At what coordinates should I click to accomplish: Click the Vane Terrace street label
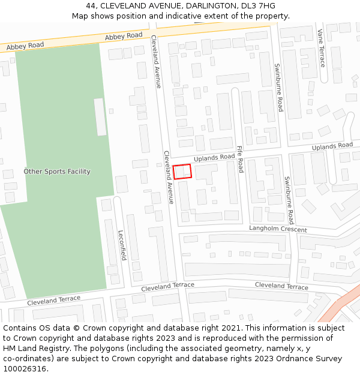[322, 47]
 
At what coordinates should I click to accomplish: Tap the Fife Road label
[240, 158]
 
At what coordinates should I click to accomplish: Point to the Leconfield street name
[122, 245]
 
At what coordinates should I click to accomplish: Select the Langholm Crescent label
[278, 230]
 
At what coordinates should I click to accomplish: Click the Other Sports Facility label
[57, 172]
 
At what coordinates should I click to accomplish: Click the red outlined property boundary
[182, 172]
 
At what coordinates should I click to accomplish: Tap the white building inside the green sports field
[100, 117]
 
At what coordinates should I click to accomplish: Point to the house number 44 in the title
[91, 6]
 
